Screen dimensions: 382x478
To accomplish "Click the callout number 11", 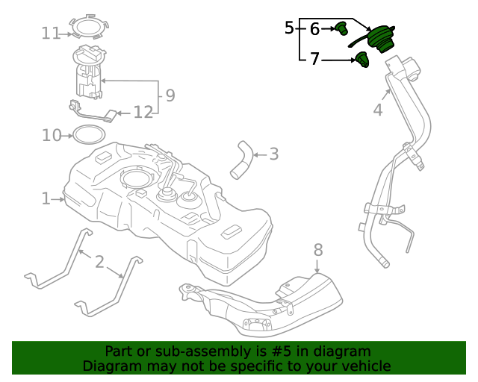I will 51,33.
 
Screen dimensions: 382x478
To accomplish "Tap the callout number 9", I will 170,95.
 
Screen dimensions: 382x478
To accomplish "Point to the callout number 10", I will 51,135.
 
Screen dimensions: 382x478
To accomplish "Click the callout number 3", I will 273,154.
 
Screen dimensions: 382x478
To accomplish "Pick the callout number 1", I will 46,198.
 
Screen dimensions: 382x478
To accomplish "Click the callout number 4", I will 378,110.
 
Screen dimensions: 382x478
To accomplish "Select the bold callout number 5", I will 290,29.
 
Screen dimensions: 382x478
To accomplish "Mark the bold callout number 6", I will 314,29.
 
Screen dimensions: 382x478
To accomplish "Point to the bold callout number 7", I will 314,58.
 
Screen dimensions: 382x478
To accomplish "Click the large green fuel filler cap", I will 385,39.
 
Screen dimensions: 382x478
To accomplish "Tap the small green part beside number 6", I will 342,29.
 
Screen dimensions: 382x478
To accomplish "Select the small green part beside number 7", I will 362,60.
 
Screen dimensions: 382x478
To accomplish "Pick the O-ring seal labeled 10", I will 88,135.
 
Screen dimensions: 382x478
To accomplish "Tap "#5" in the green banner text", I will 293,351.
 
